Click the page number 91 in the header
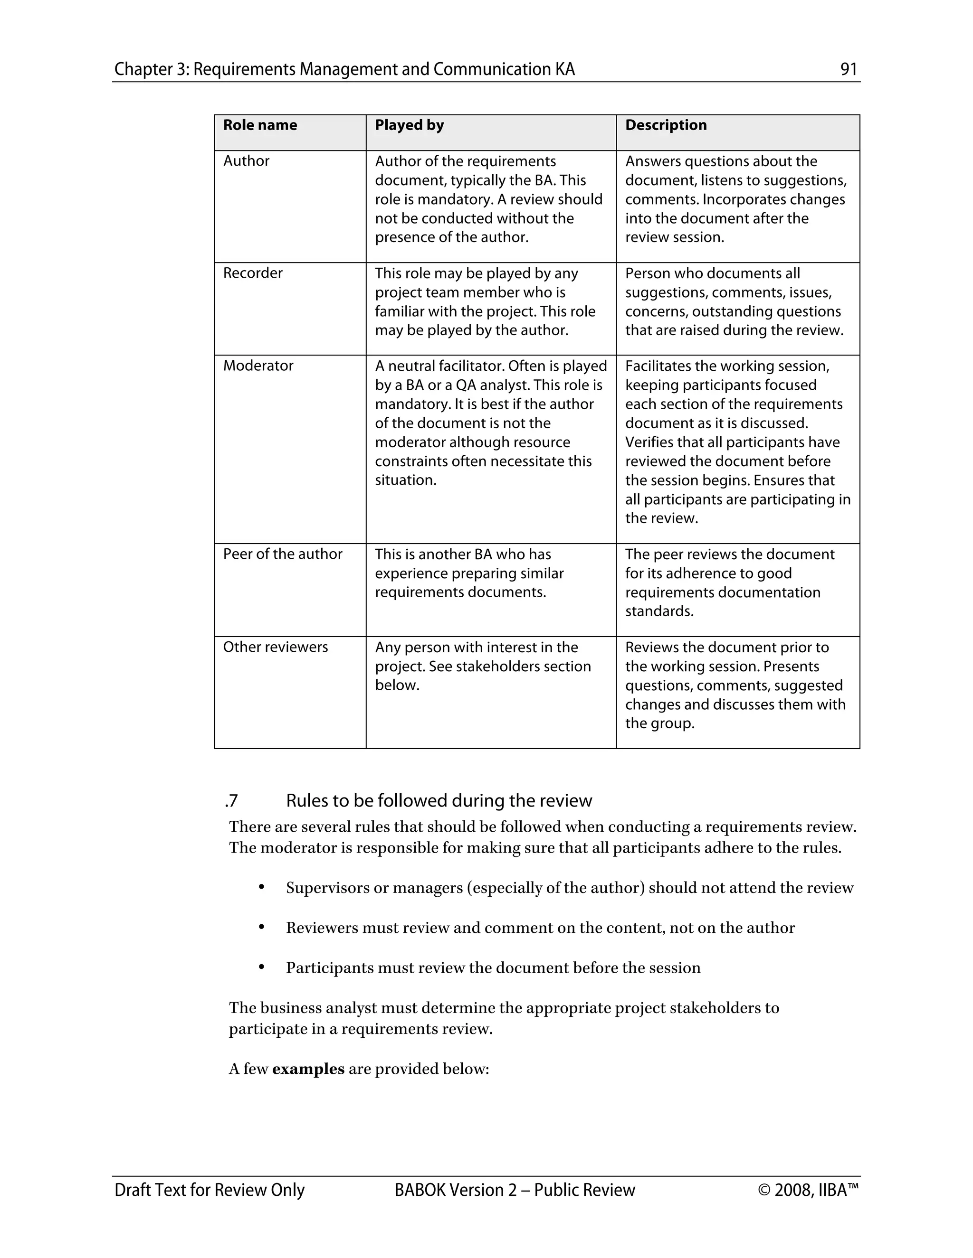pos(849,69)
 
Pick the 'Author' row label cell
pos(246,161)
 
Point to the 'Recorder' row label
pos(252,273)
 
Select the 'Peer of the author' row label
pos(283,554)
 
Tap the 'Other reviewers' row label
pos(276,647)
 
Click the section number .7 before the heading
pos(231,801)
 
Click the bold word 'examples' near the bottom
pos(308,1069)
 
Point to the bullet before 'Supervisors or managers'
pos(261,887)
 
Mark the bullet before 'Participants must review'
pos(261,967)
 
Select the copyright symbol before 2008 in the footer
pos(764,1190)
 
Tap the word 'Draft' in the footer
pos(132,1190)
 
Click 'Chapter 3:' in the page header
pos(151,69)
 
